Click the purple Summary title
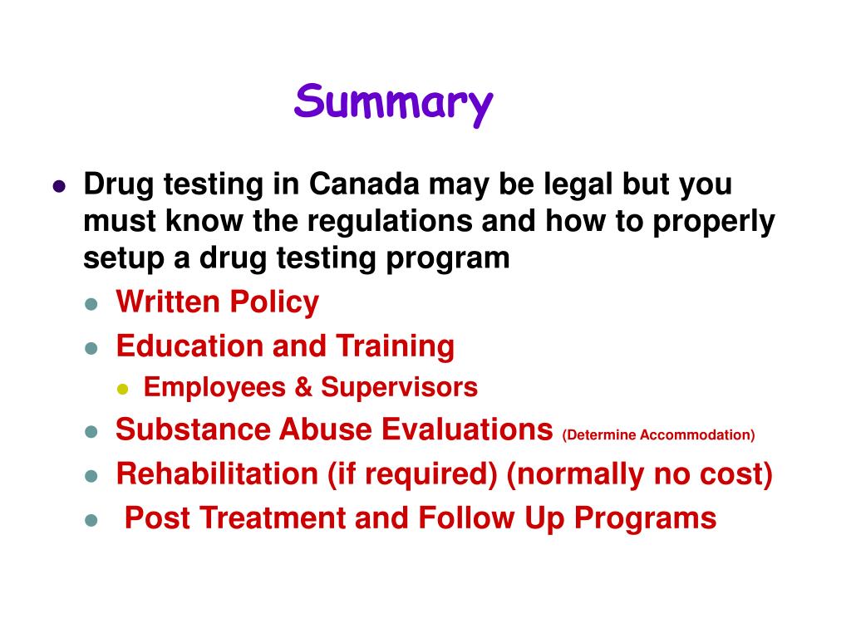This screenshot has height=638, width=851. [x=393, y=103]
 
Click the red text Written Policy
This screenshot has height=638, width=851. [x=217, y=302]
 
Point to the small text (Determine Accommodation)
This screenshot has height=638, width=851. [x=658, y=434]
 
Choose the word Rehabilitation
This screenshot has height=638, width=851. [x=216, y=474]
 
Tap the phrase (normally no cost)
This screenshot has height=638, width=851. [x=639, y=474]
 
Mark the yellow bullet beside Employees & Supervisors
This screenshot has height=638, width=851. [x=123, y=389]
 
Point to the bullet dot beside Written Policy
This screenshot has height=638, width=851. [x=91, y=304]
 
